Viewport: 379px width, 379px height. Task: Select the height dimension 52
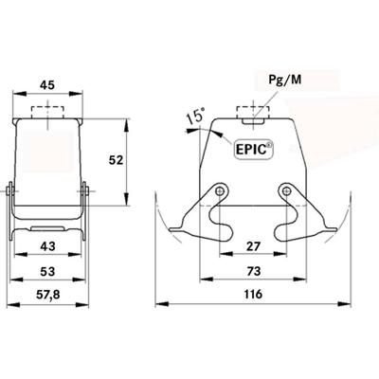coord(116,160)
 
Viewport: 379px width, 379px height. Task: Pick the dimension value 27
coord(253,247)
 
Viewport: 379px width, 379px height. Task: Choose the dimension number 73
coord(253,273)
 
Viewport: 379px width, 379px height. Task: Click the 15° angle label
coord(194,117)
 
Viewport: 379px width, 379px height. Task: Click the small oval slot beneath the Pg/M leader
coord(253,118)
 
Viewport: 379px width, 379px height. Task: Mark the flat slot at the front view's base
coord(46,228)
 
